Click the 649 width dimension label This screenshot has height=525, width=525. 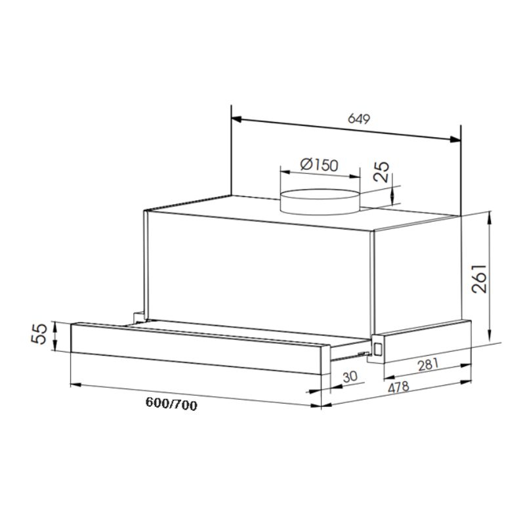coord(358,119)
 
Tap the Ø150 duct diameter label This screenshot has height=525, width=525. coord(320,165)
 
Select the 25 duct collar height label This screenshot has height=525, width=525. coord(381,171)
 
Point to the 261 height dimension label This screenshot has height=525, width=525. coord(479,278)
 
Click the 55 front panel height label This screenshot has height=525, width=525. coord(39,333)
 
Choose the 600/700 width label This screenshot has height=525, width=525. coord(171,404)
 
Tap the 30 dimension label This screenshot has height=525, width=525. coord(350,376)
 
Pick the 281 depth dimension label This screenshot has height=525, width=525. coord(429,365)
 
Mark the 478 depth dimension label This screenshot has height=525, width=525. coord(398,387)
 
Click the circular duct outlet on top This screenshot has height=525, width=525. coord(320,201)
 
